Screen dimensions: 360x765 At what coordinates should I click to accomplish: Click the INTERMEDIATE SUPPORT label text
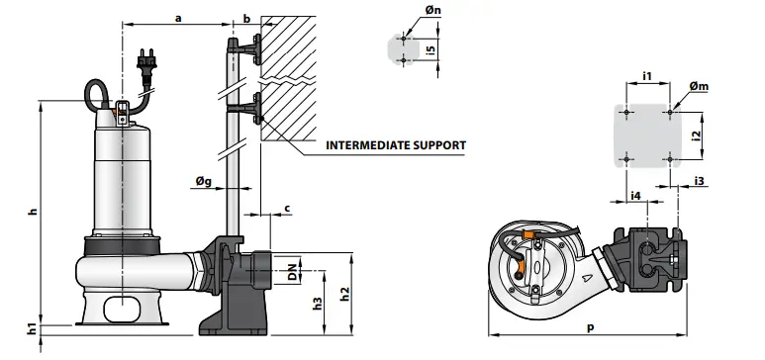[396, 144]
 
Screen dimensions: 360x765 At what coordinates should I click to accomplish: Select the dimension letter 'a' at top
[178, 17]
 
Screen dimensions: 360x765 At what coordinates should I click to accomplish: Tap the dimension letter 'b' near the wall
[246, 17]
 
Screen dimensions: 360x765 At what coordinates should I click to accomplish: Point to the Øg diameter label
[202, 180]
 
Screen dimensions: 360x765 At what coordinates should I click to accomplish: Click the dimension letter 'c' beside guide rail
[287, 207]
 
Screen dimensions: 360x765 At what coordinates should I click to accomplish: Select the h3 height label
[318, 303]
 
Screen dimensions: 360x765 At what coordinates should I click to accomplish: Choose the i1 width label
[646, 75]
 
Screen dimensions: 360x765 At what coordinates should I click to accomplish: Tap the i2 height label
[697, 135]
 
